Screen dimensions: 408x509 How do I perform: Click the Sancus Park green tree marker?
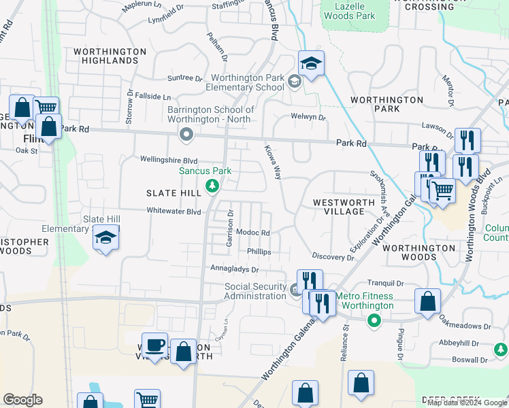pyautogui.click(x=212, y=185)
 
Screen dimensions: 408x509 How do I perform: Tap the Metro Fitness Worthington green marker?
pyautogui.click(x=373, y=322)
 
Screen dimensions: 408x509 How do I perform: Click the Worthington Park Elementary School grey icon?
pyautogui.click(x=295, y=82)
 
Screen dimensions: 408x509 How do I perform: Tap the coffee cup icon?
pyautogui.click(x=155, y=345)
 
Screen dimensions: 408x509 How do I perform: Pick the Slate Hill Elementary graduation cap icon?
pyautogui.click(x=105, y=238)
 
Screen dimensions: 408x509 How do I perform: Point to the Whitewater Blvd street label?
pyautogui.click(x=174, y=211)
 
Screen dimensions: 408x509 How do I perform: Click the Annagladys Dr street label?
pyautogui.click(x=235, y=269)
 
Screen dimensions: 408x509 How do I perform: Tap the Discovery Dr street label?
pyautogui.click(x=329, y=256)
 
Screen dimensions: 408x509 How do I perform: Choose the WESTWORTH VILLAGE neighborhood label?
pyautogui.click(x=344, y=207)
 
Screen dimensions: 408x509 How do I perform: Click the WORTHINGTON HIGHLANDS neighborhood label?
pyautogui.click(x=105, y=56)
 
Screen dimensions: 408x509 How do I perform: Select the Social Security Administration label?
pyautogui.click(x=256, y=291)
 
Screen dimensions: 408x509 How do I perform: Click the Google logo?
pyautogui.click(x=22, y=400)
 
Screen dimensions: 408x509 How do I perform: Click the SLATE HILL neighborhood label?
pyautogui.click(x=174, y=193)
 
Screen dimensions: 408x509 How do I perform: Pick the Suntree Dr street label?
pyautogui.click(x=181, y=78)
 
